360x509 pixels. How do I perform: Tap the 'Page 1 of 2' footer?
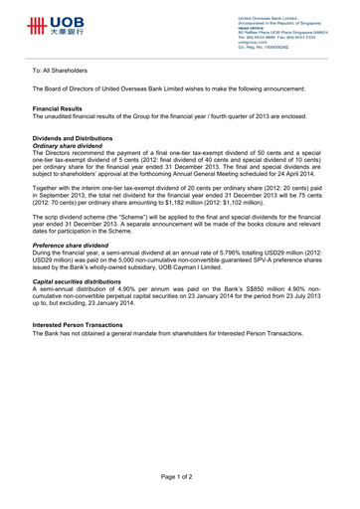[180, 475]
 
